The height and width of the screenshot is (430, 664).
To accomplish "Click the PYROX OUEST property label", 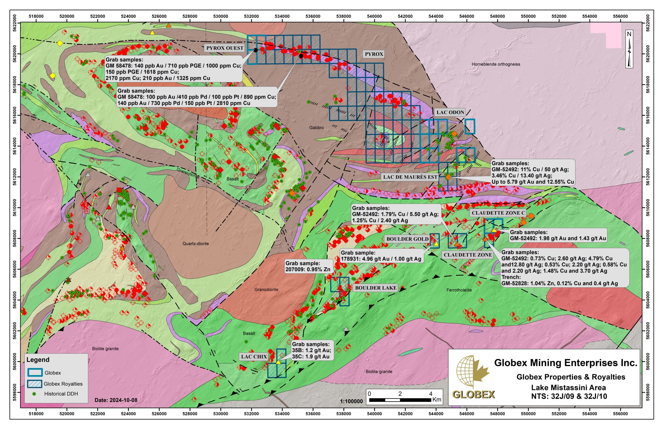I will [x=225, y=48].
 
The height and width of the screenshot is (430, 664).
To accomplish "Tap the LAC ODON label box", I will [x=450, y=112].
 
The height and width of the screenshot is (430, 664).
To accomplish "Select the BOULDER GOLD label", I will [x=407, y=239].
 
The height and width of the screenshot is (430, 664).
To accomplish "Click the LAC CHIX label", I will [x=254, y=357].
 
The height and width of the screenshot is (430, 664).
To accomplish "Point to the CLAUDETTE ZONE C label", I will [x=498, y=213].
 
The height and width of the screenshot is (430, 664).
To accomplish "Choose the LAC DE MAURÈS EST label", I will [x=410, y=177].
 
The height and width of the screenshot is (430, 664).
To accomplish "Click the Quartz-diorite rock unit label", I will [x=196, y=244].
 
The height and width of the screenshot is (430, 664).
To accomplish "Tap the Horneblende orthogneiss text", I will [x=496, y=64].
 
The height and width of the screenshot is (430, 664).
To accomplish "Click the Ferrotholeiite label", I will [x=459, y=290].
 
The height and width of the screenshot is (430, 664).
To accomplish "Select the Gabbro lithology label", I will [x=316, y=127].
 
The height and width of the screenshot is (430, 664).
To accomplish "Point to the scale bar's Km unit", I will [x=437, y=400].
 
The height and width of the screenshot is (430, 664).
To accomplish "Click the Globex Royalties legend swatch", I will [x=35, y=384].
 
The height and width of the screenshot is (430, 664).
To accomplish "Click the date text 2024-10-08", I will [x=116, y=400].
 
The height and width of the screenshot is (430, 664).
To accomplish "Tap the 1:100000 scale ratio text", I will [x=351, y=401].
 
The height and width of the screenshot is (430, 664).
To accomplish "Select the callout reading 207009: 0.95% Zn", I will [x=308, y=266].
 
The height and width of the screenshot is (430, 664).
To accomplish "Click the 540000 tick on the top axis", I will [x=374, y=16].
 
